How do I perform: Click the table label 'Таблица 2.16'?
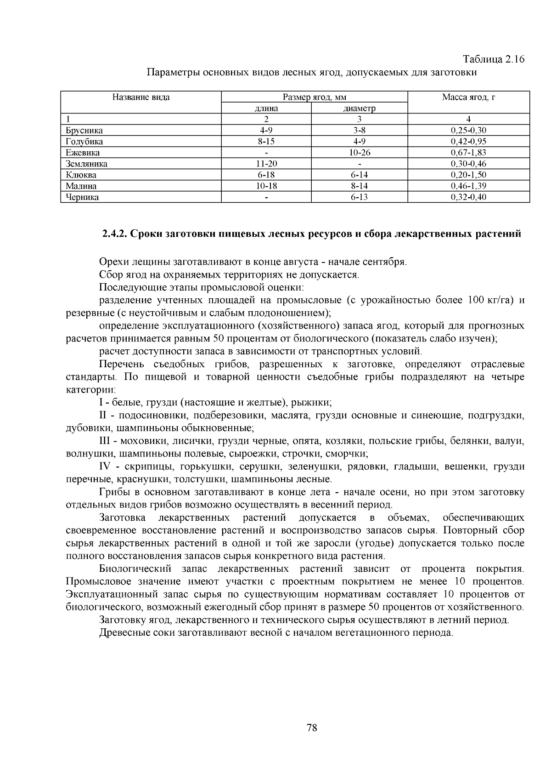(x=493, y=60)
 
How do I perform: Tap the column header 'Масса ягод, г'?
(x=468, y=97)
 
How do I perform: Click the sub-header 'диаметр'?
(x=360, y=109)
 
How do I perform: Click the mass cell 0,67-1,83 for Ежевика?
(x=468, y=153)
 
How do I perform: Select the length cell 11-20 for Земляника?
(x=266, y=164)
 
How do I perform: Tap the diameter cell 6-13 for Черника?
(x=360, y=197)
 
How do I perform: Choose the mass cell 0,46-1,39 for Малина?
(x=468, y=186)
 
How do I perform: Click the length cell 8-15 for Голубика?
(x=266, y=142)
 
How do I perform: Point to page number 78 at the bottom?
(x=312, y=728)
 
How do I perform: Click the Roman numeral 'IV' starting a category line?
(x=107, y=467)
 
